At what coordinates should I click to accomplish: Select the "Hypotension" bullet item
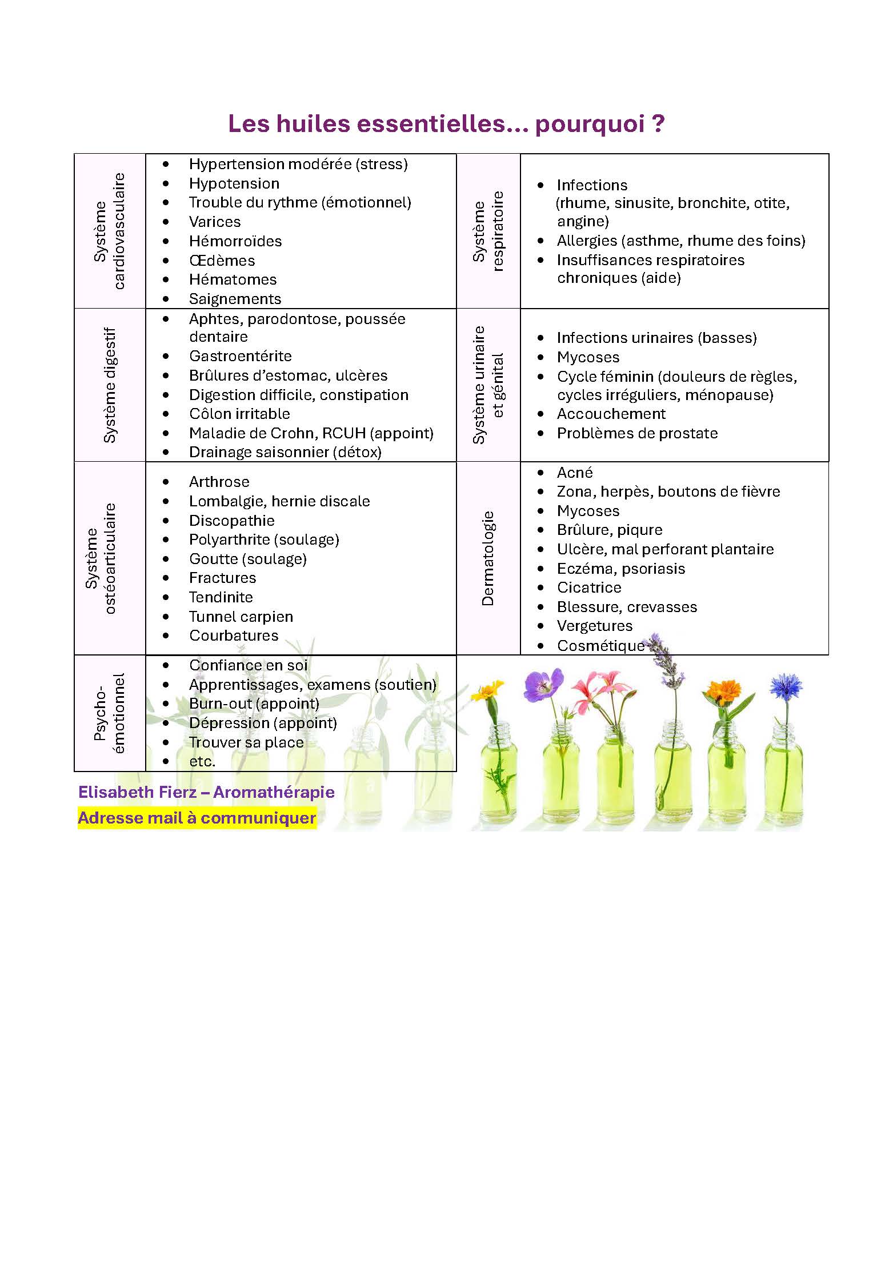(x=234, y=183)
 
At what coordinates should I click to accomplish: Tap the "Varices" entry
(x=215, y=222)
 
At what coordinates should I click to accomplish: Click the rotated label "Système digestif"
(x=110, y=385)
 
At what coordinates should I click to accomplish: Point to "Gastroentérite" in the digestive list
(x=241, y=357)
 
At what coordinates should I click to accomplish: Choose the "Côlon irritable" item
(x=239, y=414)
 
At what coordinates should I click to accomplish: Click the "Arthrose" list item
(x=219, y=482)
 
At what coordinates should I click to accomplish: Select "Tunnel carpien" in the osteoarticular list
(x=241, y=617)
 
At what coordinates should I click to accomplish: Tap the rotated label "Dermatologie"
(x=487, y=558)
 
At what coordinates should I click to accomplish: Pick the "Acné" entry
(x=575, y=473)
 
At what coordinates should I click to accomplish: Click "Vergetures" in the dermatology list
(x=595, y=626)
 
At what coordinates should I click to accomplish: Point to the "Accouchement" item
(x=611, y=414)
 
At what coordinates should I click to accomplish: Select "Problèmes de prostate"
(x=637, y=433)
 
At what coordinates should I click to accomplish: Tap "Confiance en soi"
(x=249, y=665)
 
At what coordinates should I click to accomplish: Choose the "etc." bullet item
(x=202, y=761)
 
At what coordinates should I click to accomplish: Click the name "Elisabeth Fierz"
(x=137, y=792)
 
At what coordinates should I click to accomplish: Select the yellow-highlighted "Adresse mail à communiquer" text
(x=197, y=818)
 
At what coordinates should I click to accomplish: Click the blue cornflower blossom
(x=786, y=687)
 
